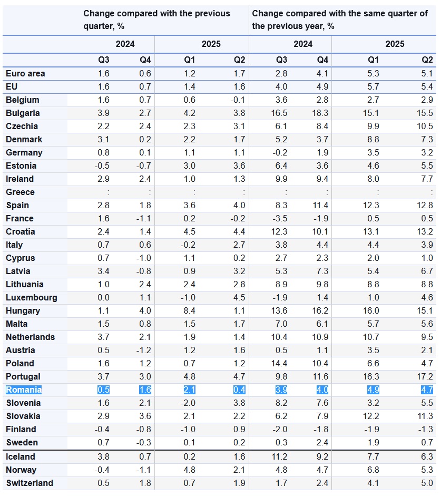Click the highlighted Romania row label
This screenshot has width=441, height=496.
coord(24,390)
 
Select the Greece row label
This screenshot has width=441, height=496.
coord(20,192)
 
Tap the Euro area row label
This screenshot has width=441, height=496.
coord(25,74)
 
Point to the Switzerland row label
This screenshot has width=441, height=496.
coord(30,483)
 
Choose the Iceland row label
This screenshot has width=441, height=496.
coord(21,457)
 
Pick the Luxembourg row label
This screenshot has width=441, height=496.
coord(31,298)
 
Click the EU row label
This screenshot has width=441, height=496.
coord(12,87)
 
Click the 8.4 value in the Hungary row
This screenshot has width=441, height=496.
coord(189,311)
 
